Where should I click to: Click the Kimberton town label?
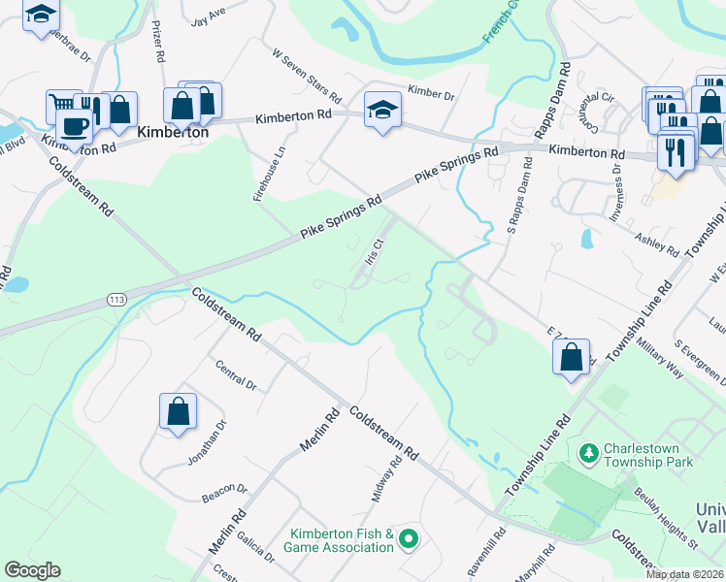coord(174,131)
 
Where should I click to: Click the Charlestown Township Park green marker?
coord(588,453)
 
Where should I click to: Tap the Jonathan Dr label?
coord(207,441)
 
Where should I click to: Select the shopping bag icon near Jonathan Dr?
coord(179,411)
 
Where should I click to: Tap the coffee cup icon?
coord(74,124)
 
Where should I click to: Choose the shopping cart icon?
coord(64,103)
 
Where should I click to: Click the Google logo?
coord(32,570)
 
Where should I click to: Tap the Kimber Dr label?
coord(432,94)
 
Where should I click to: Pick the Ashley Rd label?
coord(657,243)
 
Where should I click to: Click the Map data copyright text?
coord(685,574)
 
